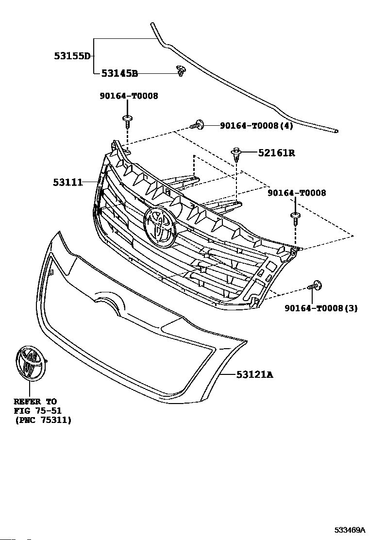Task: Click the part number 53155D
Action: (x=72, y=56)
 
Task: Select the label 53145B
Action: (x=119, y=73)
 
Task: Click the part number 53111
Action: (x=68, y=182)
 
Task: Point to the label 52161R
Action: (x=277, y=152)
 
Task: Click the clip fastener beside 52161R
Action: (x=236, y=154)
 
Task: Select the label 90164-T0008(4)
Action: (x=257, y=126)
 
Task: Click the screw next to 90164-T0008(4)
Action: (x=197, y=125)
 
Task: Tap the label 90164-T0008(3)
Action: (x=321, y=308)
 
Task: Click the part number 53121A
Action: (x=255, y=374)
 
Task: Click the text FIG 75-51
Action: (x=38, y=411)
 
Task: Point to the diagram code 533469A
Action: (x=350, y=529)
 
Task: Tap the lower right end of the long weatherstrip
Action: (x=336, y=131)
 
